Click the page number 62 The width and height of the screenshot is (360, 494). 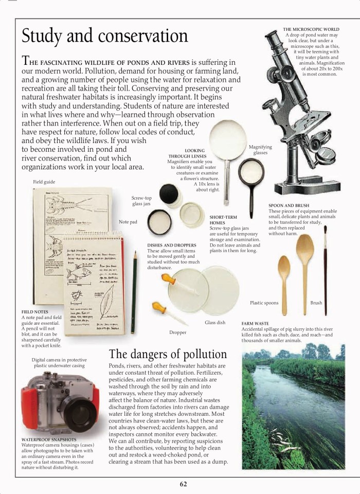[184, 484]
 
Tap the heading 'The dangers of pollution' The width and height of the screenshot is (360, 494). [168, 354]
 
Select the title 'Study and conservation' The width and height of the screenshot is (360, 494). [105, 36]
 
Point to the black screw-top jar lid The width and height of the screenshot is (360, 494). [169, 195]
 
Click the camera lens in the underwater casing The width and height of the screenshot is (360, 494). [80, 414]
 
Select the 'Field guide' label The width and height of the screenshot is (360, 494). [44, 182]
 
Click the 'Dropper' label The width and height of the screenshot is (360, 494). [178, 332]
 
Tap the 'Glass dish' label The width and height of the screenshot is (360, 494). [215, 323]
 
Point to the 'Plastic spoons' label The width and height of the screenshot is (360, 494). [264, 303]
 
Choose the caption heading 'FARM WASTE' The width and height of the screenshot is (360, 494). [255, 323]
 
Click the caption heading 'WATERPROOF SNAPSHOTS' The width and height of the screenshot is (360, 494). [49, 439]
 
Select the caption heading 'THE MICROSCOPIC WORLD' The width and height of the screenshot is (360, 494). [311, 29]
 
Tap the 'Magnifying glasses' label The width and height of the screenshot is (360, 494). [260, 150]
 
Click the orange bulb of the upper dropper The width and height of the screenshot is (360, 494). [168, 279]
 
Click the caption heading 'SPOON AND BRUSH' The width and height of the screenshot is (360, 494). [289, 205]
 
